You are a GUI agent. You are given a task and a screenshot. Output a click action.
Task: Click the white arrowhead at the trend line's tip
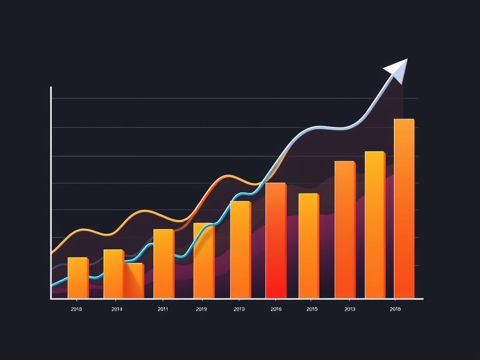coord(398,70)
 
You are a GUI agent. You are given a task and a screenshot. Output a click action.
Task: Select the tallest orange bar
coord(404,209)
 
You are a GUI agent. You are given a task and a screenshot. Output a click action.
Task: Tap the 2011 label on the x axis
coord(163,309)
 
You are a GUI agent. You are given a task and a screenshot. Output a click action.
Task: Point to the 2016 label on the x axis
coord(276,309)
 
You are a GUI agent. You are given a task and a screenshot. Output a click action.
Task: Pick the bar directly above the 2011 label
coord(164,263)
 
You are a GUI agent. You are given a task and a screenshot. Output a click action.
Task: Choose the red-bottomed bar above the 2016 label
coord(276,240)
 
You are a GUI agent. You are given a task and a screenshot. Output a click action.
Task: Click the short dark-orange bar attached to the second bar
coord(134,281)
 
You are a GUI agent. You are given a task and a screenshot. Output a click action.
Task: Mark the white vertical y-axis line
coord(51,192)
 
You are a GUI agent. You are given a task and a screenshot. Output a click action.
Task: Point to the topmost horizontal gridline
coord(234,98)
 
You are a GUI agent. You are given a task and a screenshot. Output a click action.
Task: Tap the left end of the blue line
coord(52,284)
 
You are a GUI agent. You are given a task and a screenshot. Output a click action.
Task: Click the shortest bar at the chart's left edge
coord(78,277)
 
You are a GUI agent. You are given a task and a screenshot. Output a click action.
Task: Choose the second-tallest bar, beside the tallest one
coord(375,225)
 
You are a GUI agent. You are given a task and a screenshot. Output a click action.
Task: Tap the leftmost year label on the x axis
coord(76,309)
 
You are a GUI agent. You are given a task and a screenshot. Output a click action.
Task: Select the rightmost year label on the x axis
coord(395,309)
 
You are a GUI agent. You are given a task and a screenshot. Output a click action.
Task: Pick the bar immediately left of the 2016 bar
coord(240,249)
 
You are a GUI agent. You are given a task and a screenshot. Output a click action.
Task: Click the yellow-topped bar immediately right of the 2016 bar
coord(308,246)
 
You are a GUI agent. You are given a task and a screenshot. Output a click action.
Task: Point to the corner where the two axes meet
coord(51,299)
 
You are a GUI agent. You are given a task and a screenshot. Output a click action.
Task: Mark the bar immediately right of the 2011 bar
coord(204,261)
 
